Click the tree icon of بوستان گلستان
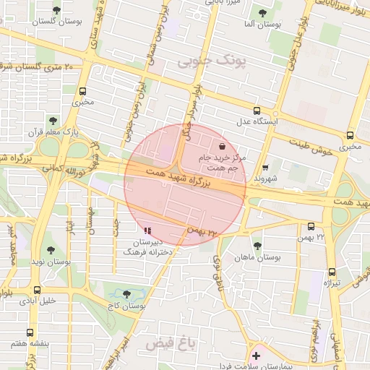click(57, 10)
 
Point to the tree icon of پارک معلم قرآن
click(52, 120)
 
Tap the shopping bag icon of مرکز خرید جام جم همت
click(231, 145)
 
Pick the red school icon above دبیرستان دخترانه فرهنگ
click(147, 231)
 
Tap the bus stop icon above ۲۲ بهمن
click(311, 226)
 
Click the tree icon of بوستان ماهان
click(257, 246)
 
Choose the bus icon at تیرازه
click(332, 272)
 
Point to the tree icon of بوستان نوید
click(50, 250)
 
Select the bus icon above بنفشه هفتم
click(30, 332)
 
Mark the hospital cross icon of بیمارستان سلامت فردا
click(256, 356)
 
